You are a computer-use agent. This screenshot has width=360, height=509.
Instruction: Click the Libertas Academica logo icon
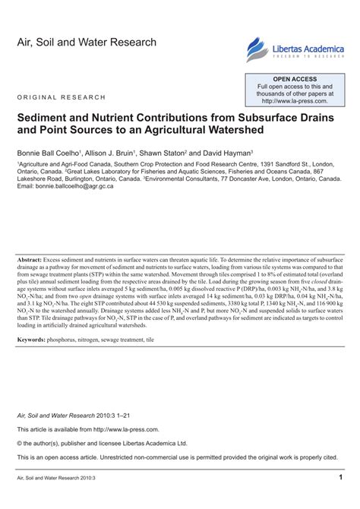pos(255,49)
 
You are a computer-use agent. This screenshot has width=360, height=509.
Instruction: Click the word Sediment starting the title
pos(47,121)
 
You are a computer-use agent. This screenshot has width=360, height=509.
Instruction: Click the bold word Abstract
pos(32,260)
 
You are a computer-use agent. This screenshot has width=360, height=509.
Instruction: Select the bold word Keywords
pos(35,340)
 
